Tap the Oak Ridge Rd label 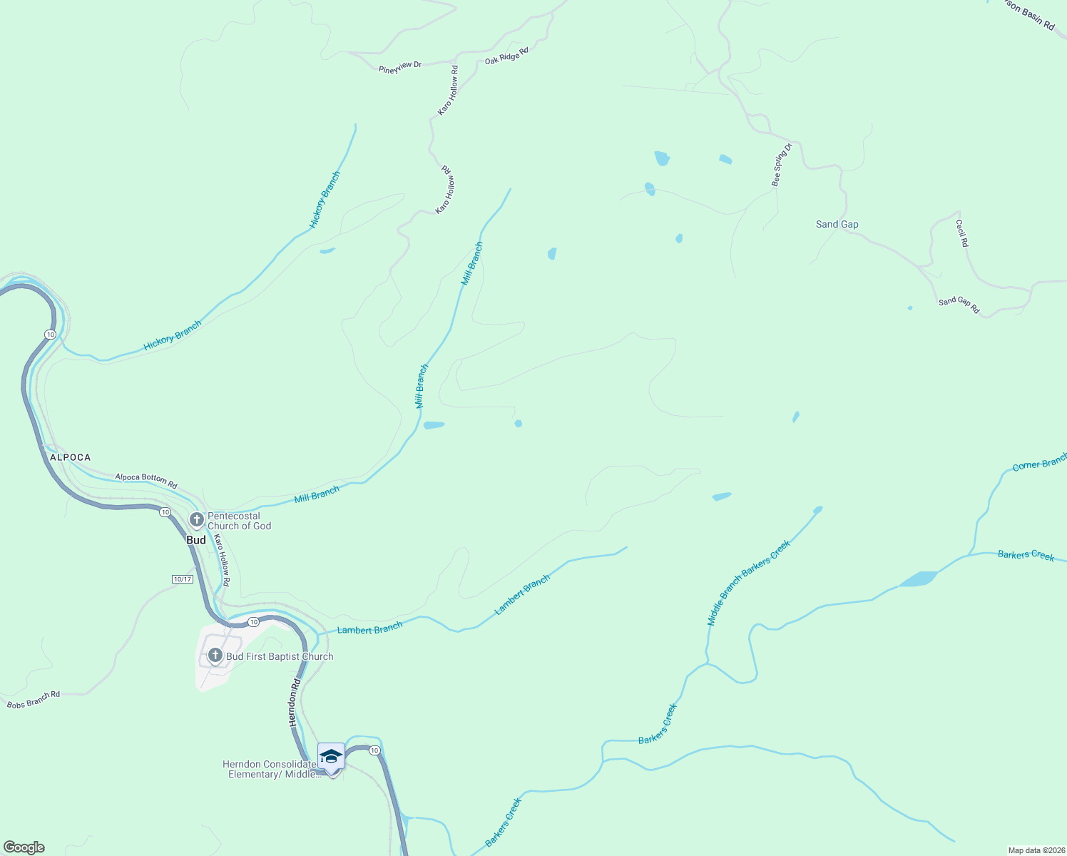(506, 56)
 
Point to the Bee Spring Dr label (782, 165)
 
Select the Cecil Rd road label (963, 233)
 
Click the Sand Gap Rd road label (959, 305)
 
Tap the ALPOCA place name (70, 457)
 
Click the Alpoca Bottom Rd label (145, 480)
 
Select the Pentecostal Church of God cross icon (197, 519)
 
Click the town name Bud (196, 540)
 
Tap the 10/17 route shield (183, 579)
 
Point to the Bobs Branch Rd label (34, 700)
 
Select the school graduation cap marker (331, 756)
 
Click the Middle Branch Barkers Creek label (748, 583)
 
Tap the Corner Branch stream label (1039, 464)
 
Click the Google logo (24, 847)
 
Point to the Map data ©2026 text (1036, 850)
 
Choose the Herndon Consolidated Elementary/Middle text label (271, 769)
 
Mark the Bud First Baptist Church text (280, 656)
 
